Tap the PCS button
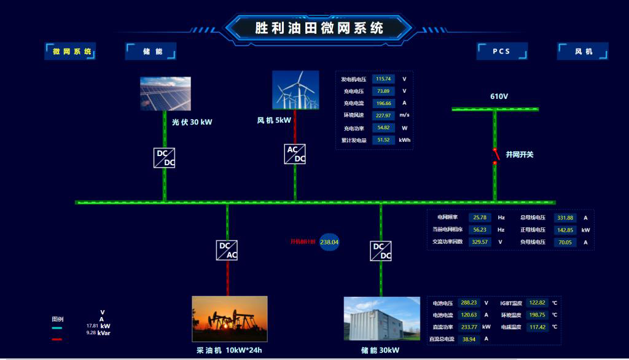502,52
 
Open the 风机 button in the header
583,52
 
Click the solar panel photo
165,93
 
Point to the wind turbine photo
295,90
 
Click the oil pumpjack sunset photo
230,318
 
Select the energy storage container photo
381,318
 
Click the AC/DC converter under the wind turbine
295,154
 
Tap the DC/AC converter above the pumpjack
227,251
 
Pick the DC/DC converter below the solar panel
165,158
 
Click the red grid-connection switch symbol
495,155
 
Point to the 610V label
499,96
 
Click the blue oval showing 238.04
329,242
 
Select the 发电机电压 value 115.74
384,79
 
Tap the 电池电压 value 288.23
469,303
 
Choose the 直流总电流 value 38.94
469,339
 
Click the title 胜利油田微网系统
319,28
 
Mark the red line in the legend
57,338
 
